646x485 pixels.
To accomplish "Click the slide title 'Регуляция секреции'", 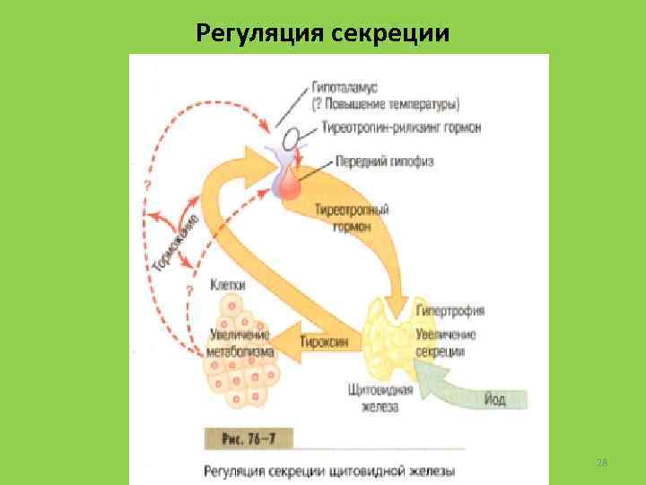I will (x=322, y=33).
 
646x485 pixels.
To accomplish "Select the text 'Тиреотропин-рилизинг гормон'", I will (x=396, y=128).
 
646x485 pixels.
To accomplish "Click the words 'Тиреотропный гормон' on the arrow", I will (x=353, y=218).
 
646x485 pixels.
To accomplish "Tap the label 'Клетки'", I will (x=228, y=285).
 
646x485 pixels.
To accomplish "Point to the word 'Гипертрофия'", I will (x=450, y=311).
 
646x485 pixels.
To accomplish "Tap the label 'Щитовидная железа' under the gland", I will (x=379, y=398).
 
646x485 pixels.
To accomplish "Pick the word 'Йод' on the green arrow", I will (x=495, y=399).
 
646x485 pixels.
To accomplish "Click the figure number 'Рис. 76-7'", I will (x=249, y=438).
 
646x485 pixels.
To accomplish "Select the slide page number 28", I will (x=602, y=462).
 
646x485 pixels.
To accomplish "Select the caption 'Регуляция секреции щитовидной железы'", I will (x=329, y=470).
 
